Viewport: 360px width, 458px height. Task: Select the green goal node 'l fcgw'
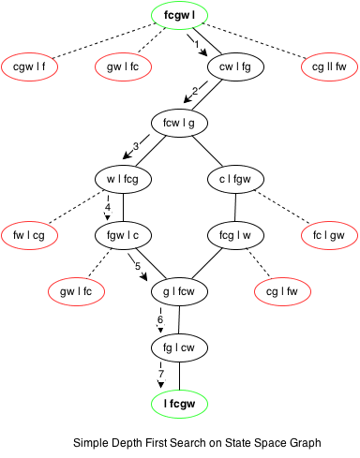[x=179, y=403]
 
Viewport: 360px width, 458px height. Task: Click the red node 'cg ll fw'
[x=328, y=66]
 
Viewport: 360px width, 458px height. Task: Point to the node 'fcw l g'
[x=179, y=122]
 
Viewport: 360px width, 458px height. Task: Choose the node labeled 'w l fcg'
[x=125, y=178]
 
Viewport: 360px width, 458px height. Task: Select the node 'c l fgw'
[x=234, y=178]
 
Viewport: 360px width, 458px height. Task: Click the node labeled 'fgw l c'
[x=125, y=234]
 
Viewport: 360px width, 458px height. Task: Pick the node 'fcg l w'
[x=234, y=234]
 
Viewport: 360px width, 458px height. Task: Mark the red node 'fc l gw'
[x=328, y=234]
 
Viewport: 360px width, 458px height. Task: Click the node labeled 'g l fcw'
[x=179, y=291]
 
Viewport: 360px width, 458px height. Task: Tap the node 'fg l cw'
[x=179, y=347]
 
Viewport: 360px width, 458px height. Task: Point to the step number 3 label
[x=136, y=146]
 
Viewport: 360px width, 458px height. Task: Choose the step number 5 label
[x=138, y=266]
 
